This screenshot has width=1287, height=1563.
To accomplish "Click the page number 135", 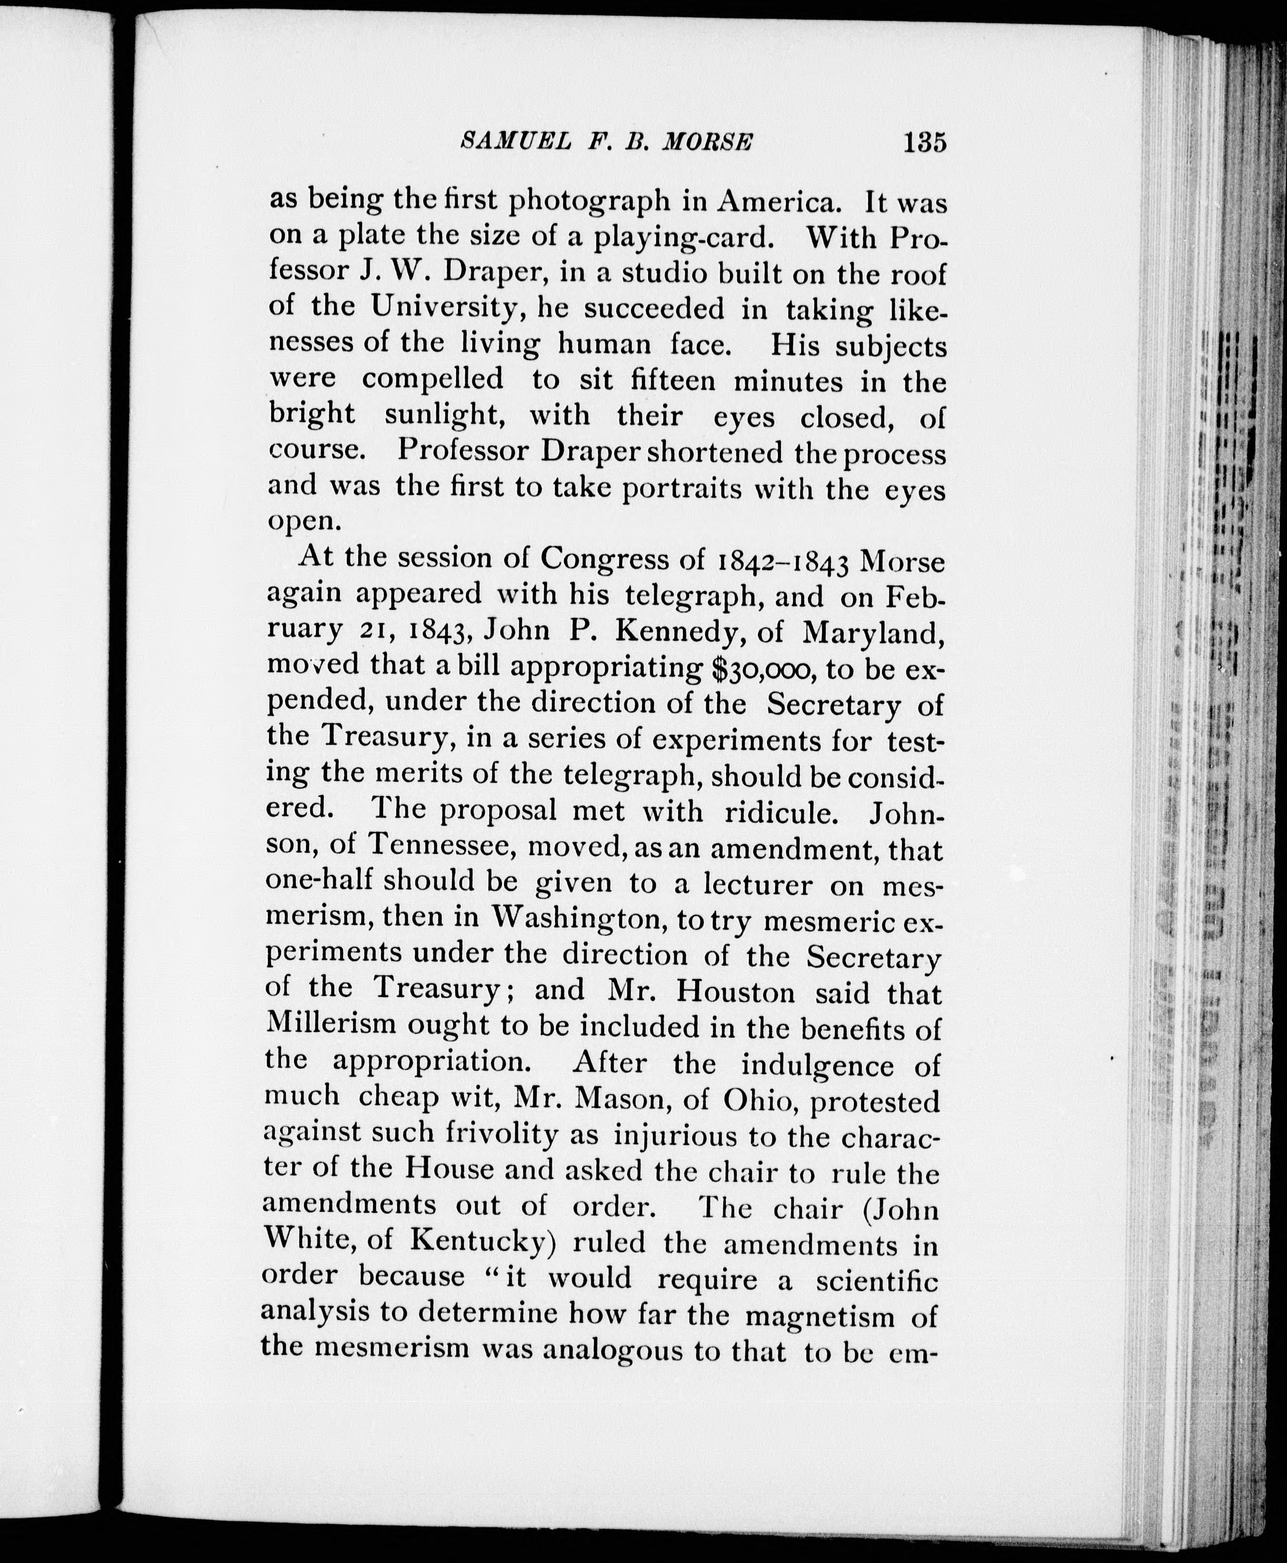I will [924, 141].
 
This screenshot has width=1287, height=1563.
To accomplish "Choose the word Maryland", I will [874, 632].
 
